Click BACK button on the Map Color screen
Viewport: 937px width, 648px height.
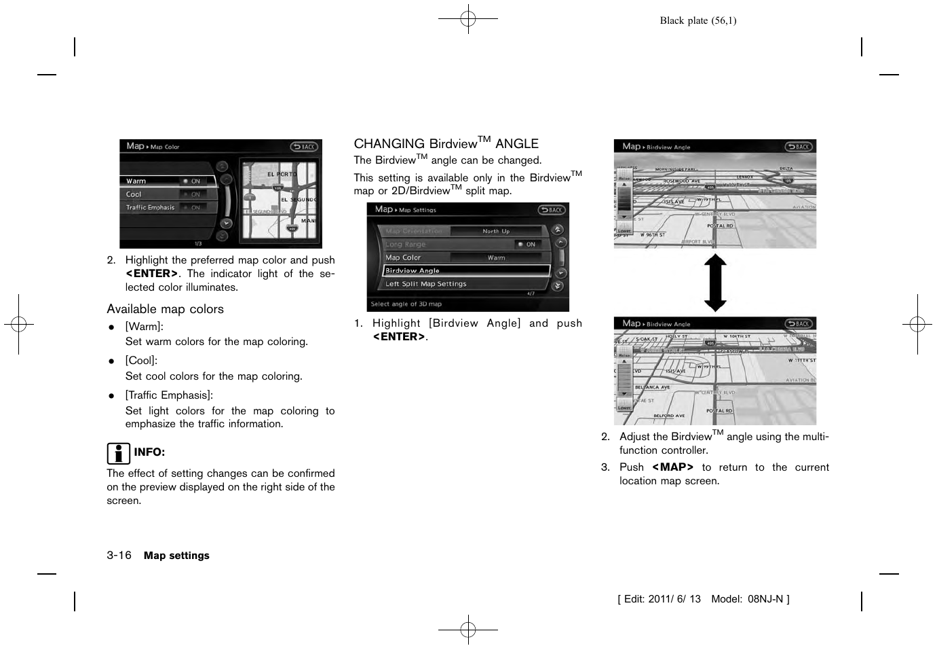pos(304,147)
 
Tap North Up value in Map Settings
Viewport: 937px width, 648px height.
pos(496,231)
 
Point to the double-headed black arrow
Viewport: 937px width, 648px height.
pos(715,283)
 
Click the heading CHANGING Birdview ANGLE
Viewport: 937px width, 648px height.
pos(446,143)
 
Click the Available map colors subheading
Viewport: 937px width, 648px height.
pos(165,309)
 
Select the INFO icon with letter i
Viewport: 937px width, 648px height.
pos(118,452)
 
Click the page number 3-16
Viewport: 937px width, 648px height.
pos(119,555)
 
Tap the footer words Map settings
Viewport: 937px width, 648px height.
pos(176,556)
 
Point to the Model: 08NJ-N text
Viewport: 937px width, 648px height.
pos(749,599)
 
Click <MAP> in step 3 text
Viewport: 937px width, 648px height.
pos(672,467)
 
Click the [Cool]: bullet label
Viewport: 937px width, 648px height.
pos(141,361)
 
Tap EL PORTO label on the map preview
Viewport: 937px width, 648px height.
pos(282,175)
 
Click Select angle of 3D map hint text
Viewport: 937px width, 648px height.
pos(406,304)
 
